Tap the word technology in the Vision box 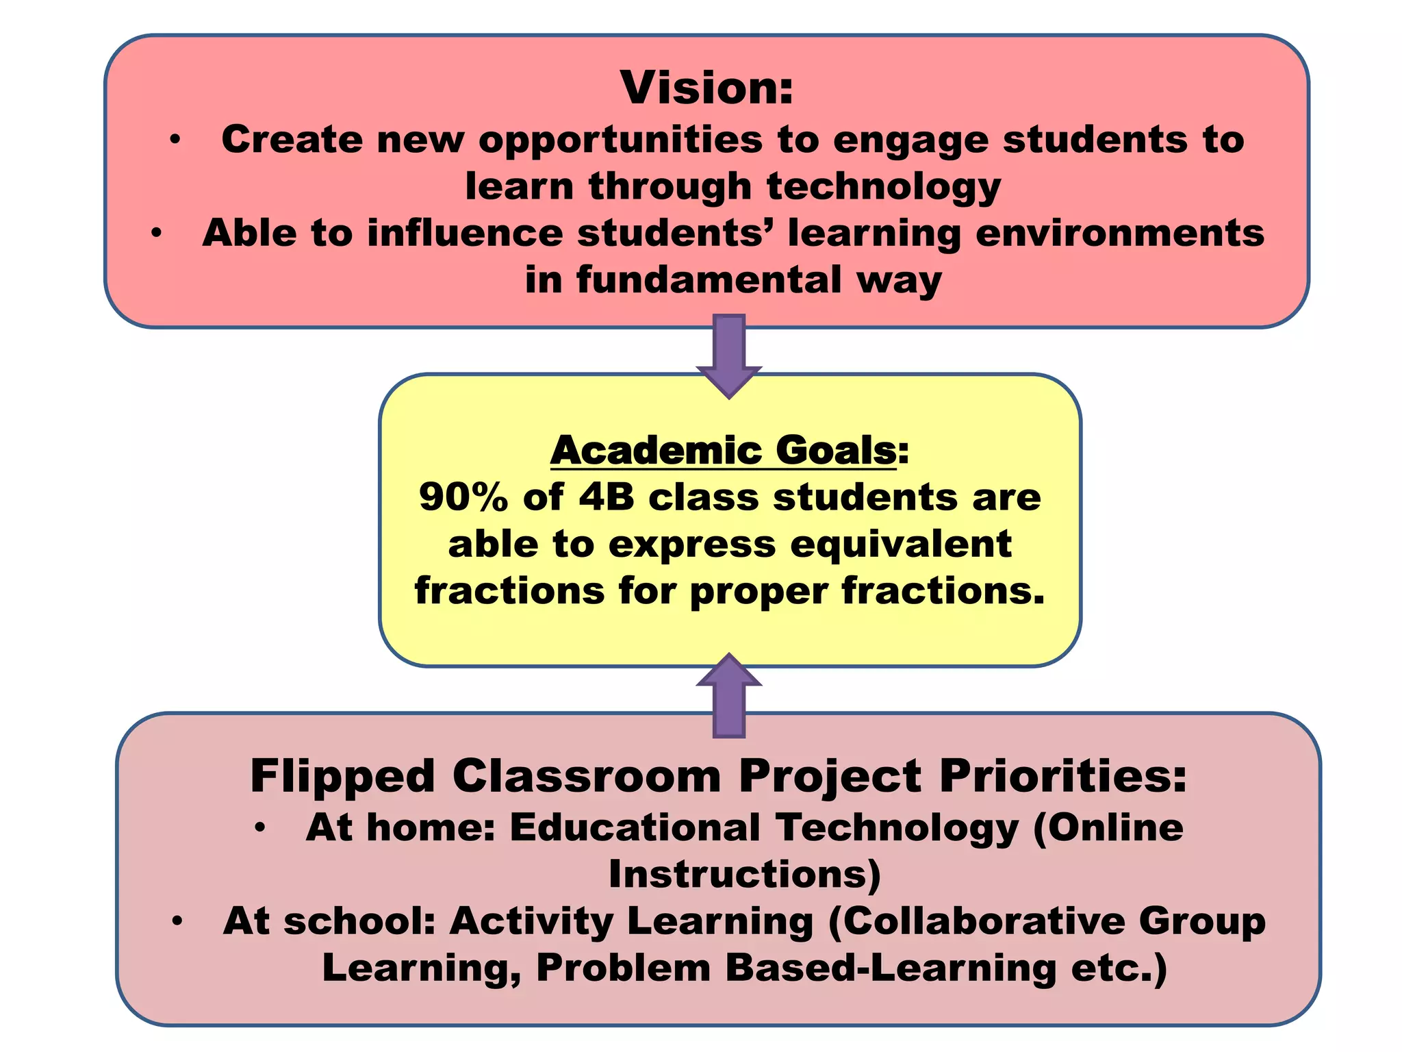pyautogui.click(x=884, y=187)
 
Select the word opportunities pyautogui.click(x=620, y=140)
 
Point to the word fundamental pyautogui.click(x=709, y=280)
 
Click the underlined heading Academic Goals pyautogui.click(x=724, y=451)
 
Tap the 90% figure pyautogui.click(x=463, y=497)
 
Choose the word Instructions pyautogui.click(x=739, y=875)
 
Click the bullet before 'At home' pyautogui.click(x=259, y=828)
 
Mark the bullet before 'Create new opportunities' pyautogui.click(x=176, y=140)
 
